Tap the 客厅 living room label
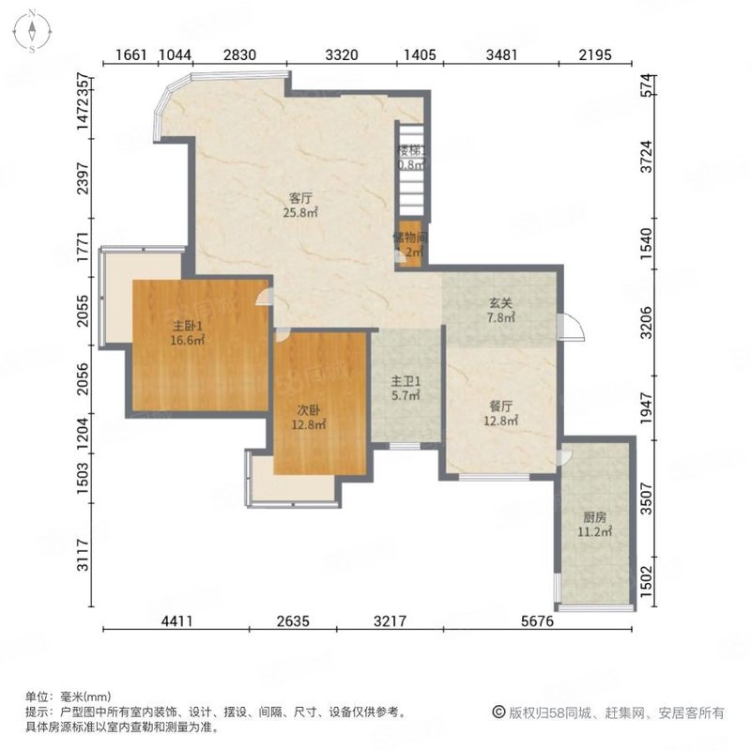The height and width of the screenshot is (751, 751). click(x=299, y=198)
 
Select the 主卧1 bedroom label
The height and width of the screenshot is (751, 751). click(x=183, y=327)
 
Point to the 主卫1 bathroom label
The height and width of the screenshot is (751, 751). click(x=406, y=382)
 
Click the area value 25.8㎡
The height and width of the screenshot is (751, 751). click(x=300, y=213)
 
